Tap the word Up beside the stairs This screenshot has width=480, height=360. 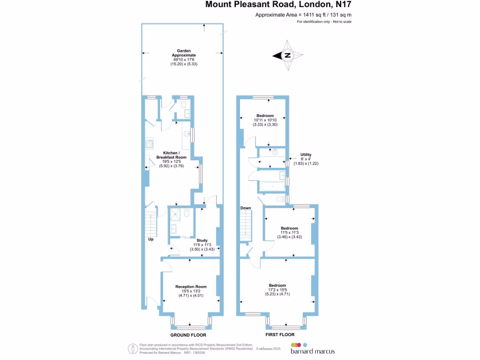coord(151,239)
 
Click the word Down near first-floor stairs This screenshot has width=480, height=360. coord(246,208)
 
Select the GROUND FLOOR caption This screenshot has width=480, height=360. coord(188,335)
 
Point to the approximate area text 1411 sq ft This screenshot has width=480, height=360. coord(303,15)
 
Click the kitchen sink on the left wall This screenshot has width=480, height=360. coord(150,142)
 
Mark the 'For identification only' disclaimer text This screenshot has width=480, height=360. coord(324,22)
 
